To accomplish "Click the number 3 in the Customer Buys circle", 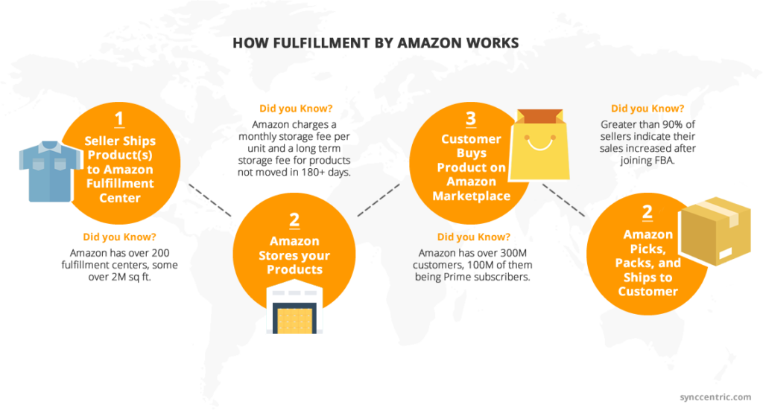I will (470, 118).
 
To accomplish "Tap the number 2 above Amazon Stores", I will (294, 220).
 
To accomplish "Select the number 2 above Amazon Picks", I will (648, 212).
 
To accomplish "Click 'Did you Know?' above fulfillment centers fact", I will (119, 237).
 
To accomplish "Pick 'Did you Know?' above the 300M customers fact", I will (473, 237).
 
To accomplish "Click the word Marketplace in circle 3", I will (471, 196).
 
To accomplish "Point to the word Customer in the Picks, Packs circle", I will (648, 291).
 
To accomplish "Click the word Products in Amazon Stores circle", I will (294, 269).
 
